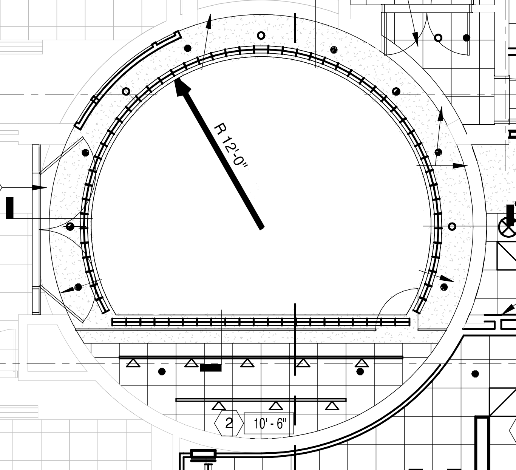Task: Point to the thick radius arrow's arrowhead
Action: (182, 87)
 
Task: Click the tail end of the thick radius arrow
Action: (261, 227)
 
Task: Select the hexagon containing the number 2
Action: (229, 423)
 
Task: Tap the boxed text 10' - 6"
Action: (269, 424)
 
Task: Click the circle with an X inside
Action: (507, 227)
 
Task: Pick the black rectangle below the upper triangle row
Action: (211, 368)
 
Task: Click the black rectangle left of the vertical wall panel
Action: (10, 208)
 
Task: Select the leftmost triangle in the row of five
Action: (133, 363)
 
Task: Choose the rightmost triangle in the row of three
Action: (332, 406)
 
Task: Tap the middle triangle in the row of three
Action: (276, 406)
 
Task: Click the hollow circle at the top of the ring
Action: (261, 36)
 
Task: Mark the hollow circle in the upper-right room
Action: (438, 38)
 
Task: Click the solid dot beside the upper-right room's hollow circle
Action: (467, 38)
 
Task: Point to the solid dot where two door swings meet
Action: (70, 227)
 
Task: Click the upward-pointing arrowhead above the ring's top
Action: (209, 22)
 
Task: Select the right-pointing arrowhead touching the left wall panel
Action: (39, 188)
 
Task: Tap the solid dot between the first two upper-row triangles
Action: (162, 371)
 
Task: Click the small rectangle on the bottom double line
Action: (203, 453)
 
